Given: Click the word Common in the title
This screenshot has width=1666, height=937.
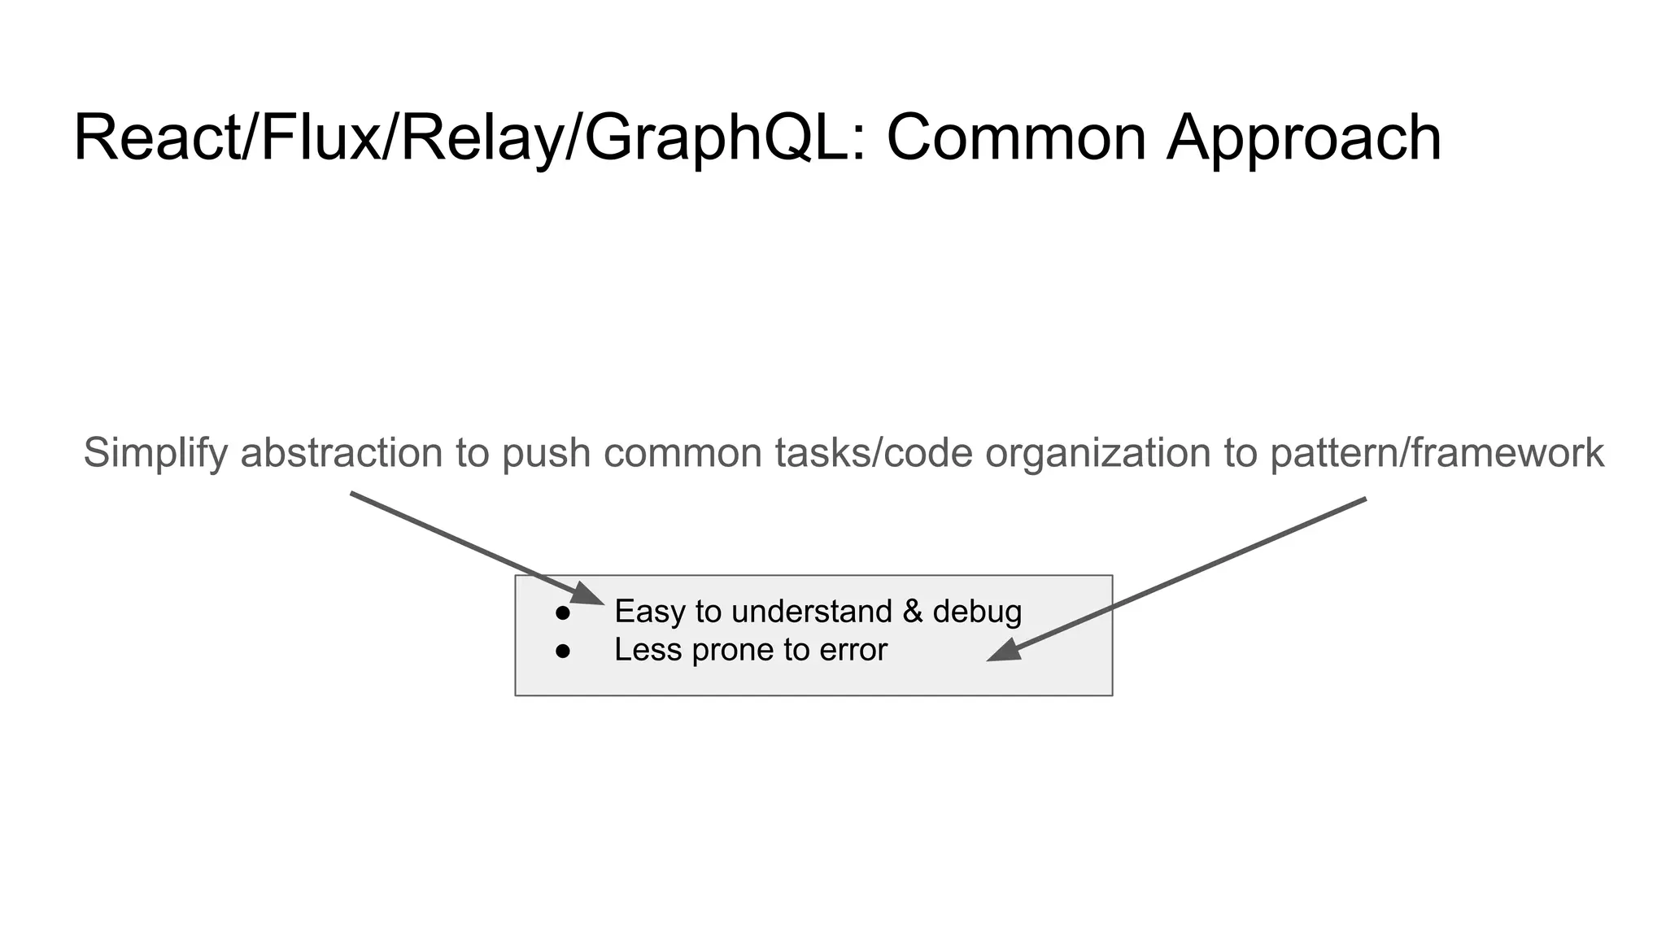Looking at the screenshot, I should pyautogui.click(x=1016, y=138).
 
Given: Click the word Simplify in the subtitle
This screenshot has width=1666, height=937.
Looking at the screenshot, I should pyautogui.click(x=155, y=454).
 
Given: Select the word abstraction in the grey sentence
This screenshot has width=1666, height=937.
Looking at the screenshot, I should pyautogui.click(x=342, y=453).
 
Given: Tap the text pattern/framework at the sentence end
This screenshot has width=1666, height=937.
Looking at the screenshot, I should pyautogui.click(x=1437, y=454).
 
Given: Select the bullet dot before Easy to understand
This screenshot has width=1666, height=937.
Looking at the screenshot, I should pyautogui.click(x=562, y=613).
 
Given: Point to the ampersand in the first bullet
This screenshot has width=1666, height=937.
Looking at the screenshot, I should pyautogui.click(x=913, y=612).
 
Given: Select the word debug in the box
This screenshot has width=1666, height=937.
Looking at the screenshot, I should pyautogui.click(x=977, y=612).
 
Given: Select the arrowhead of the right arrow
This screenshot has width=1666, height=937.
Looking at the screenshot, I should pyautogui.click(x=1004, y=652).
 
